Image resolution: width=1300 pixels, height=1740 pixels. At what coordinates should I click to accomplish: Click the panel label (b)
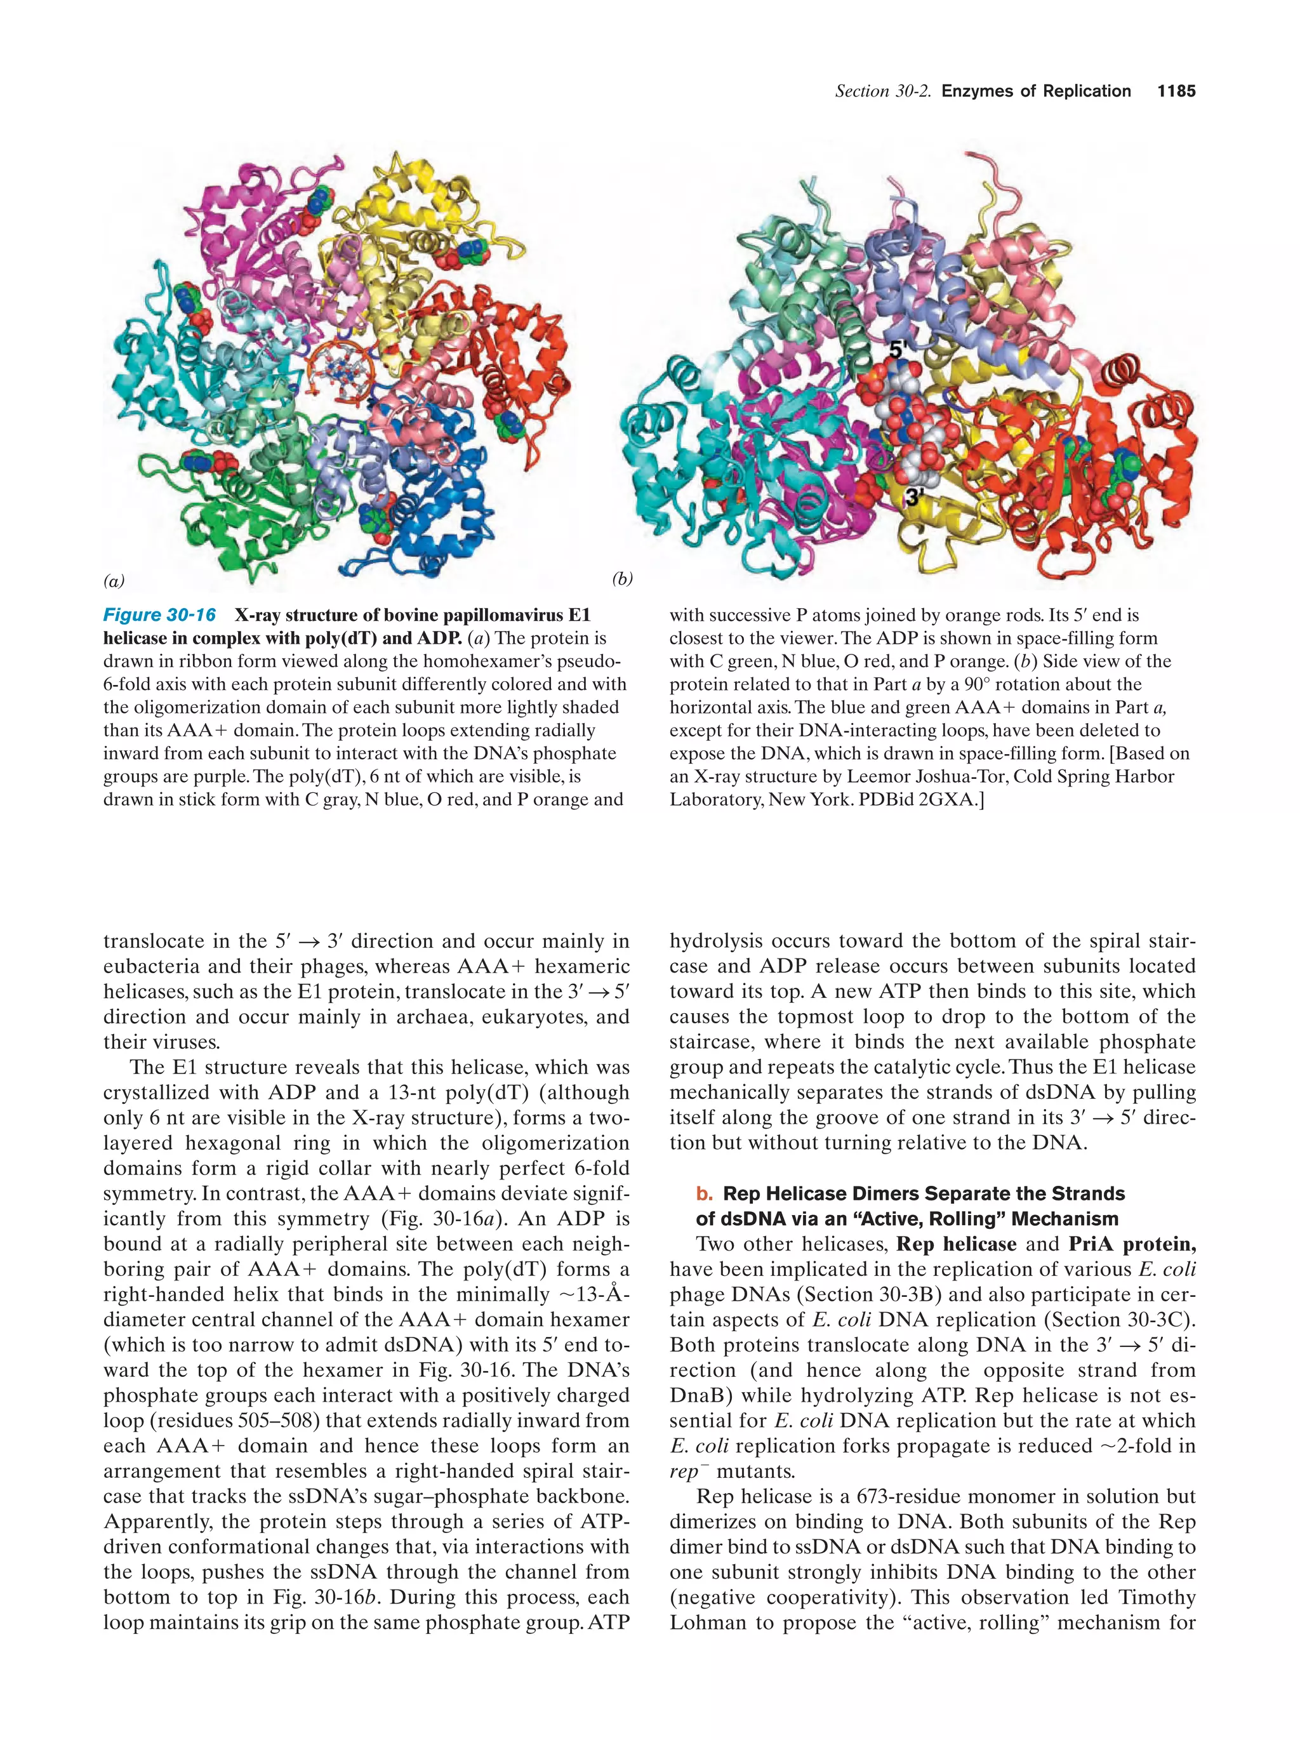pos(621,579)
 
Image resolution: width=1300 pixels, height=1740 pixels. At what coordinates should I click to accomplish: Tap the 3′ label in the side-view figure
pos(914,497)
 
